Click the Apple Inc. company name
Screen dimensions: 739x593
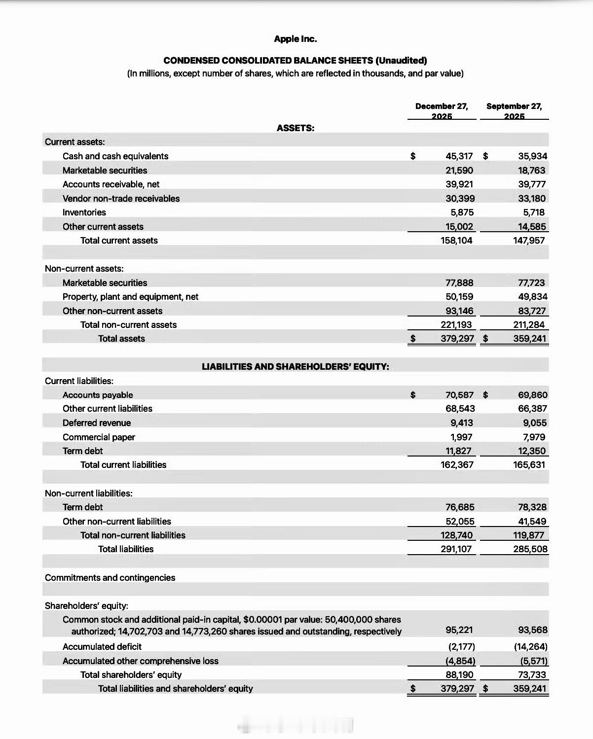(296, 39)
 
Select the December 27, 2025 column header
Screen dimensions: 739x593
(442, 111)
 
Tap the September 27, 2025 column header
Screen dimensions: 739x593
(514, 111)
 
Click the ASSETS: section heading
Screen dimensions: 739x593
(296, 128)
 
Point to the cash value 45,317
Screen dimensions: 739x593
(459, 156)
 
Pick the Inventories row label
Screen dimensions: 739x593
(84, 212)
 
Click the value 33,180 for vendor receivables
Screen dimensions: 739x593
(532, 199)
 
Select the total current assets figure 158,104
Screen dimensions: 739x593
(456, 241)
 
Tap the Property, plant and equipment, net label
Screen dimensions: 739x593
(130, 297)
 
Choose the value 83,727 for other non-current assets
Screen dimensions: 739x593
(532, 311)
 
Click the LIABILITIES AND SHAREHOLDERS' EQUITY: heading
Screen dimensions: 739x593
(296, 367)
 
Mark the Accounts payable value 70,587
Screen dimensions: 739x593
(459, 395)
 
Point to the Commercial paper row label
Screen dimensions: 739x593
(99, 437)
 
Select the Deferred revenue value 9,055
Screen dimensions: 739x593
(535, 423)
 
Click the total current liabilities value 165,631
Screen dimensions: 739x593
(529, 465)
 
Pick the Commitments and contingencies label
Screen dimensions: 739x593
(110, 578)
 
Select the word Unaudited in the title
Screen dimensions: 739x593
(401, 61)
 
